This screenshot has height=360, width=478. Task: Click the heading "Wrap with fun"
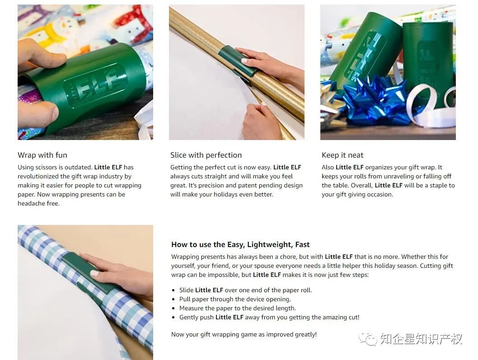(x=42, y=155)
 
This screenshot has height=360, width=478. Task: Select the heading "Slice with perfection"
(x=206, y=155)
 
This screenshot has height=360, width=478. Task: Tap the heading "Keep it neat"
(x=342, y=155)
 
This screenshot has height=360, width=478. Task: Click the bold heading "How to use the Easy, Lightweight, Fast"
(x=240, y=244)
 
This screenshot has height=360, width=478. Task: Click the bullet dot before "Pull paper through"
(x=173, y=299)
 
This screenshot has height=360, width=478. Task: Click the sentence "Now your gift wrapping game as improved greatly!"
(x=244, y=334)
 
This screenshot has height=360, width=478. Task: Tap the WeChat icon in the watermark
(x=368, y=338)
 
